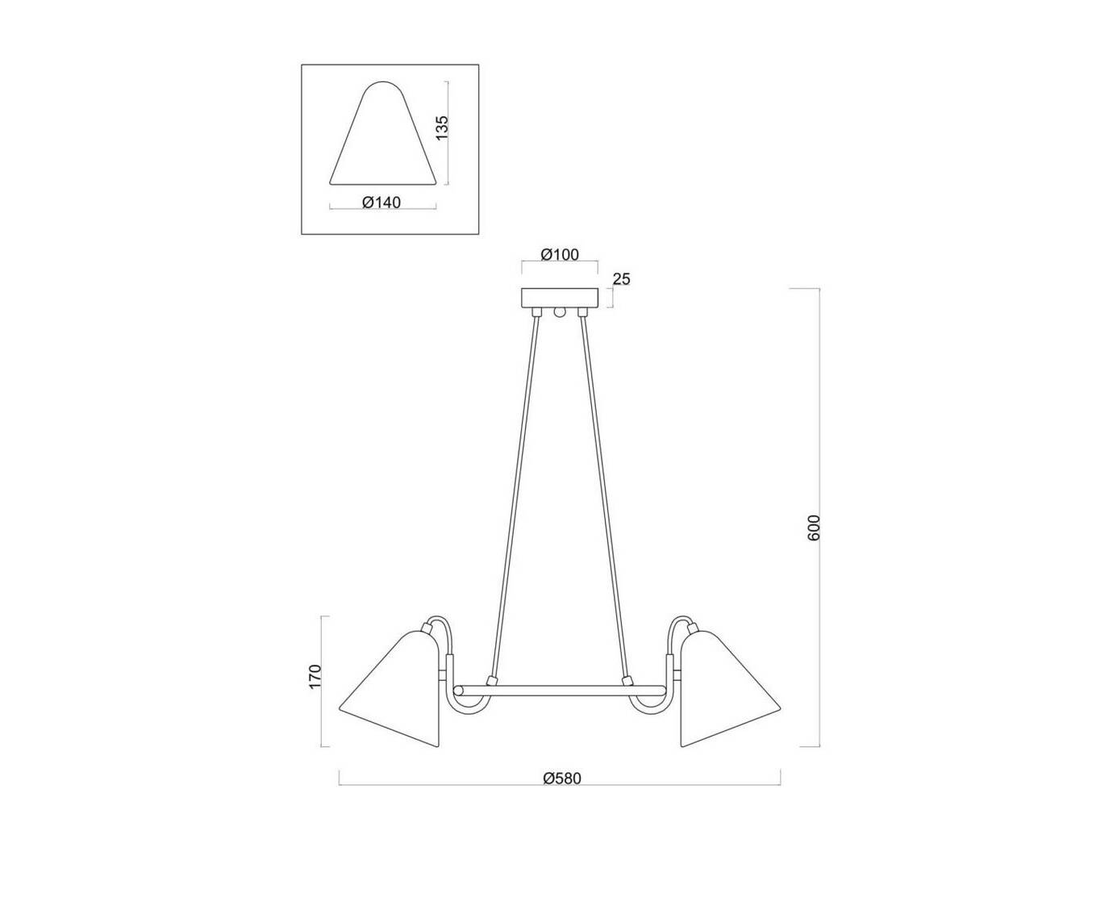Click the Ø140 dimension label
pyautogui.click(x=381, y=202)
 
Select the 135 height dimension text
pyautogui.click(x=442, y=127)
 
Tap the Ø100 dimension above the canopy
pyautogui.click(x=560, y=255)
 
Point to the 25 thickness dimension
pyautogui.click(x=621, y=278)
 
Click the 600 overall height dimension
pyautogui.click(x=813, y=528)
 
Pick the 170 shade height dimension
pyautogui.click(x=315, y=677)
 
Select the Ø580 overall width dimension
pyautogui.click(x=562, y=778)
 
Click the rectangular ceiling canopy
pyautogui.click(x=560, y=298)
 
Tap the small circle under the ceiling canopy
pyautogui.click(x=560, y=312)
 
